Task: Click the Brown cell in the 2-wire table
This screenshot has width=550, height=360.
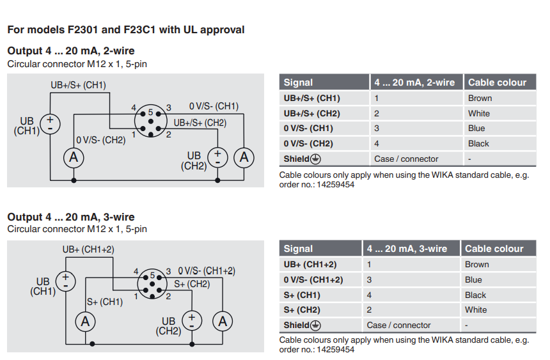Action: tap(480, 98)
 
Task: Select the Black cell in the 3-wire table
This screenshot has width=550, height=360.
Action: tap(475, 295)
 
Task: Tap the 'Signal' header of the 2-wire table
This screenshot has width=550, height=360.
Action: tap(299, 82)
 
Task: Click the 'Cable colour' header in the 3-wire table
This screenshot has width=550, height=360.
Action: tap(494, 249)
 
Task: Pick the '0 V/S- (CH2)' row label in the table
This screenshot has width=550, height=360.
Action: tap(312, 144)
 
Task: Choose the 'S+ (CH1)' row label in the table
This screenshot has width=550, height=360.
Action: tap(302, 295)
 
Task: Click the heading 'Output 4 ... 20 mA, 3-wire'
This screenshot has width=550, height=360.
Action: tap(71, 217)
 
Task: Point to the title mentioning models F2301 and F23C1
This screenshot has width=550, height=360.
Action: tap(126, 29)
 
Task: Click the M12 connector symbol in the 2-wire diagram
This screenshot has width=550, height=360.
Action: tap(151, 120)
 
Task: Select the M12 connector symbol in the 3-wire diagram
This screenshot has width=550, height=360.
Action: tap(152, 283)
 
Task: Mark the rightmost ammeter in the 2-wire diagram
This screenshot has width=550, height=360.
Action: tap(244, 157)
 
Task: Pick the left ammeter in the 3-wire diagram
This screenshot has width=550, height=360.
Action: tap(84, 322)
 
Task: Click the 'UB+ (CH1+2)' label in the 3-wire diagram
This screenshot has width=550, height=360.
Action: tap(88, 249)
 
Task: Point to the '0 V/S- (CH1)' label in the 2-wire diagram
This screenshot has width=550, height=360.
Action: tap(214, 106)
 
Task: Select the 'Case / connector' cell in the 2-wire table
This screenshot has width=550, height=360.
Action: tap(406, 159)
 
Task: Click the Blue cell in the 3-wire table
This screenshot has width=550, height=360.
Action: tap(473, 279)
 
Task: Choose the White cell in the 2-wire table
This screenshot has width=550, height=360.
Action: tap(479, 113)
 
